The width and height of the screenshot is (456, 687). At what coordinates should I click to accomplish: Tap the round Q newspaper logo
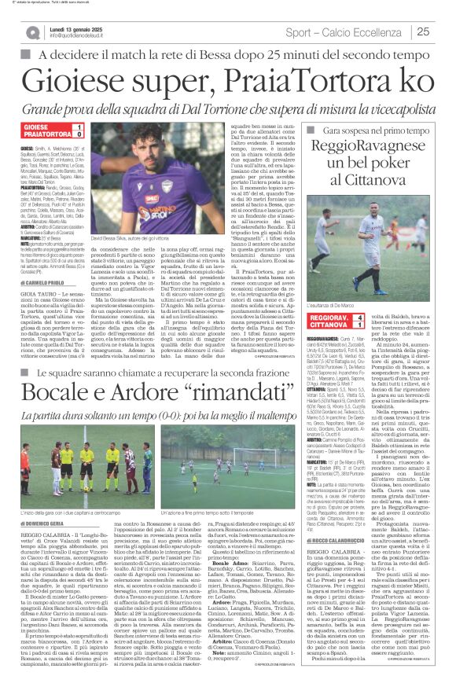[31, 32]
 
